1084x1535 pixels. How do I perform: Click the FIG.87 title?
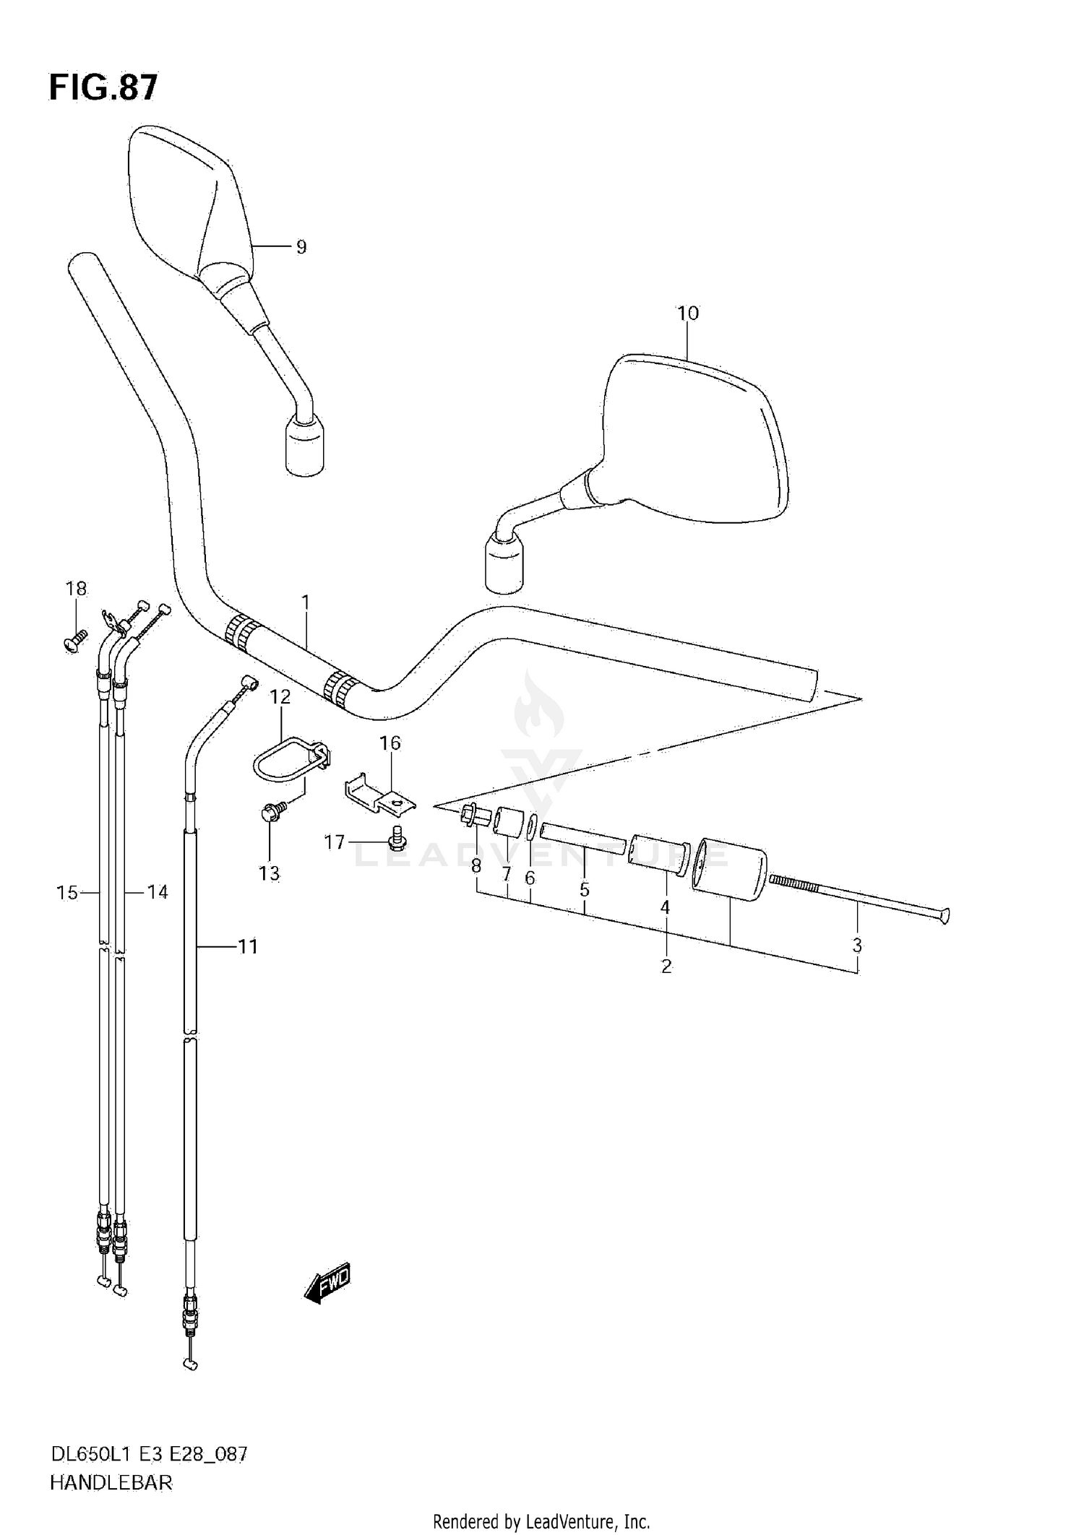click(x=103, y=87)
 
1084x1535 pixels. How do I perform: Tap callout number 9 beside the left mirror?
click(x=301, y=247)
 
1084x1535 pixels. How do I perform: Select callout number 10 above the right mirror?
click(x=687, y=313)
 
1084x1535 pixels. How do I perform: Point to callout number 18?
click(x=76, y=589)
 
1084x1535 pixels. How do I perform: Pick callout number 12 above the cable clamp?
click(x=280, y=697)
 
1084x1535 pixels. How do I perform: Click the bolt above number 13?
click(x=272, y=812)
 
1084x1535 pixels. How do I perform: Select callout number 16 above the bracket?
click(x=390, y=743)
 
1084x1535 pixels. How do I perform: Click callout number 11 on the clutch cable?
click(x=248, y=946)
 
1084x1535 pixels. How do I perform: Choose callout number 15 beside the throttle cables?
click(x=66, y=893)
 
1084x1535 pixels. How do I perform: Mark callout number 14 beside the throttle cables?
click(x=157, y=893)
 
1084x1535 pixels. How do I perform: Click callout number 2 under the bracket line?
click(x=666, y=966)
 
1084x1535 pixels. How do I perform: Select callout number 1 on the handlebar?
click(x=305, y=602)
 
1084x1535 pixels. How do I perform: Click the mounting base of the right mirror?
click(x=504, y=566)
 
